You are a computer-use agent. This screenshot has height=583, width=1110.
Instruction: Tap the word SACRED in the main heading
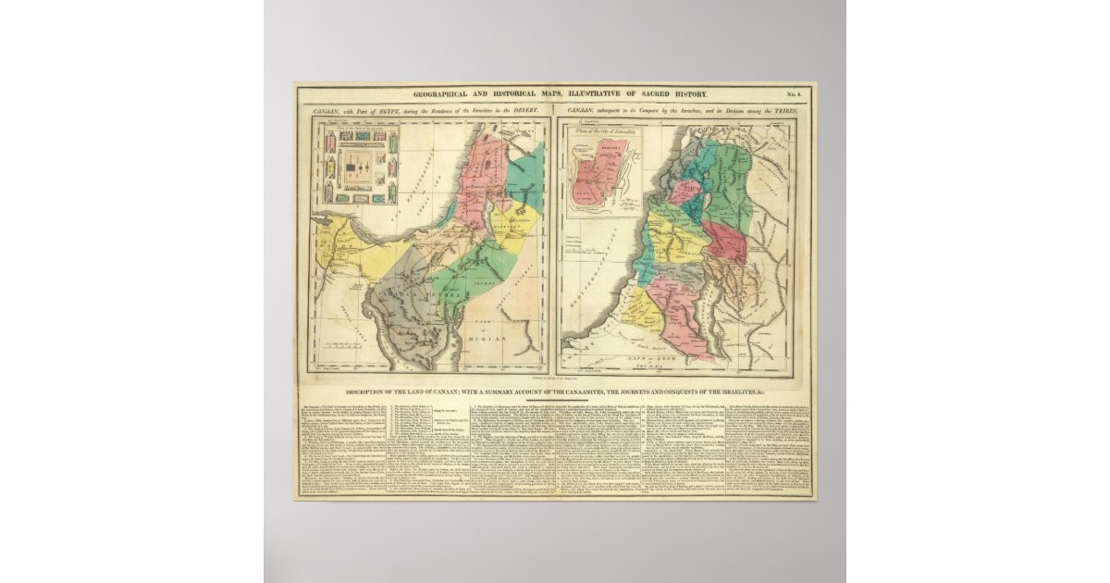(644, 95)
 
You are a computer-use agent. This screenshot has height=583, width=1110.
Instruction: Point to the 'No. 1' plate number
(794, 95)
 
